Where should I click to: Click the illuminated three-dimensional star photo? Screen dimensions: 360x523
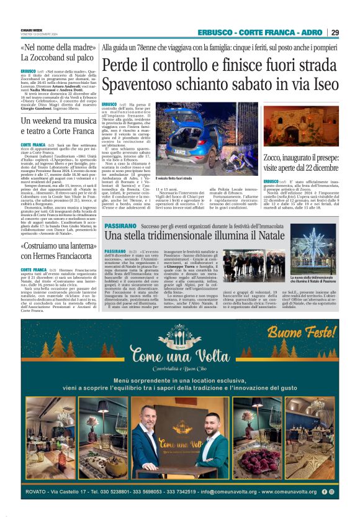(313, 253)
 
